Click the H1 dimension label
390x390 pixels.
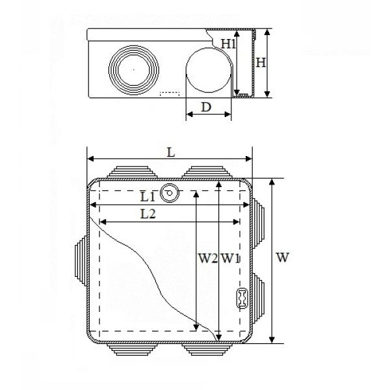[228, 44]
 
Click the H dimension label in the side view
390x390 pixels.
[261, 62]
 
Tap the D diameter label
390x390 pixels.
[206, 107]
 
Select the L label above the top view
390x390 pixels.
[171, 152]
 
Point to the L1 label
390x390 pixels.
[148, 197]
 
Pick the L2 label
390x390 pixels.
[148, 214]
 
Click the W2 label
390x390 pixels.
[208, 258]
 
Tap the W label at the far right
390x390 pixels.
[283, 257]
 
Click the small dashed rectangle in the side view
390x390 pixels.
[170, 94]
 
